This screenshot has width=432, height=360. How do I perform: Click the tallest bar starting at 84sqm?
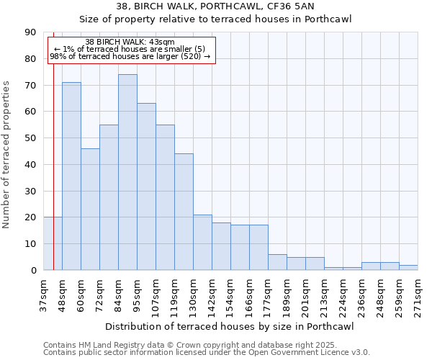127,172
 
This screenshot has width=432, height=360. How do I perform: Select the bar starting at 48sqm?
71,176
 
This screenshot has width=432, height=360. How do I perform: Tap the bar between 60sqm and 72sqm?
90,209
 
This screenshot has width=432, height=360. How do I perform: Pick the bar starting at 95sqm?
146,186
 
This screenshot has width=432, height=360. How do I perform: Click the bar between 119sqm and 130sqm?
184,212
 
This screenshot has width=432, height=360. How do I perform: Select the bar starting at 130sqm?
202,242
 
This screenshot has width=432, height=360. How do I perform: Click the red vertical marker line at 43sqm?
54,180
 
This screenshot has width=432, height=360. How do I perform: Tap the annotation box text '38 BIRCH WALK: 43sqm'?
130,42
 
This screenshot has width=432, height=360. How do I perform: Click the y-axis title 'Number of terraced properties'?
7,155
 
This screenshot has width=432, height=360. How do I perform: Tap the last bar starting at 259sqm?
408,267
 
